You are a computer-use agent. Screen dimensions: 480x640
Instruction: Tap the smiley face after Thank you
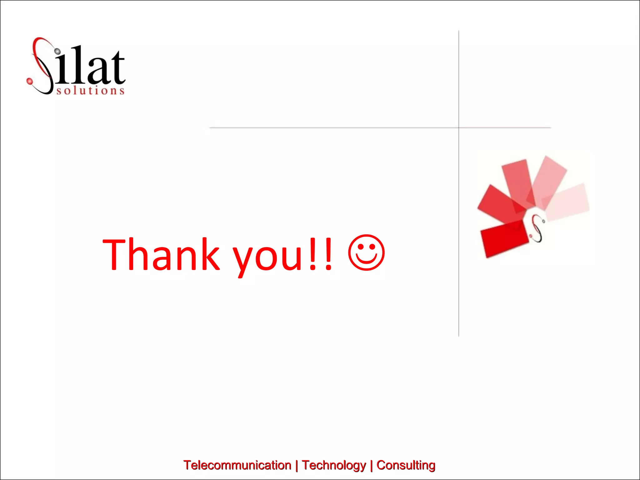(366, 252)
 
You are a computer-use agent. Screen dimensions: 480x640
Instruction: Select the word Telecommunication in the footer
(237, 465)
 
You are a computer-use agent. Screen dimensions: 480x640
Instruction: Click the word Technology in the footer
(334, 465)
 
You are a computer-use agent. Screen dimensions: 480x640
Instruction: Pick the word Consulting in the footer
(406, 465)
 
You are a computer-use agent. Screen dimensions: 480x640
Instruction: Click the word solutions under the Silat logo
(91, 91)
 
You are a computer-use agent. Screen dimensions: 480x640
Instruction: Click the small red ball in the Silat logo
(30, 81)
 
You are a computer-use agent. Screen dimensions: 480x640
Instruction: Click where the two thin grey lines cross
(459, 127)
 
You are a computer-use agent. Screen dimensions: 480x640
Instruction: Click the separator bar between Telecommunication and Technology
(297, 465)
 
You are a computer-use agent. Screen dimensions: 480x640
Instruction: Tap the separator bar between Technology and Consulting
(371, 465)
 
